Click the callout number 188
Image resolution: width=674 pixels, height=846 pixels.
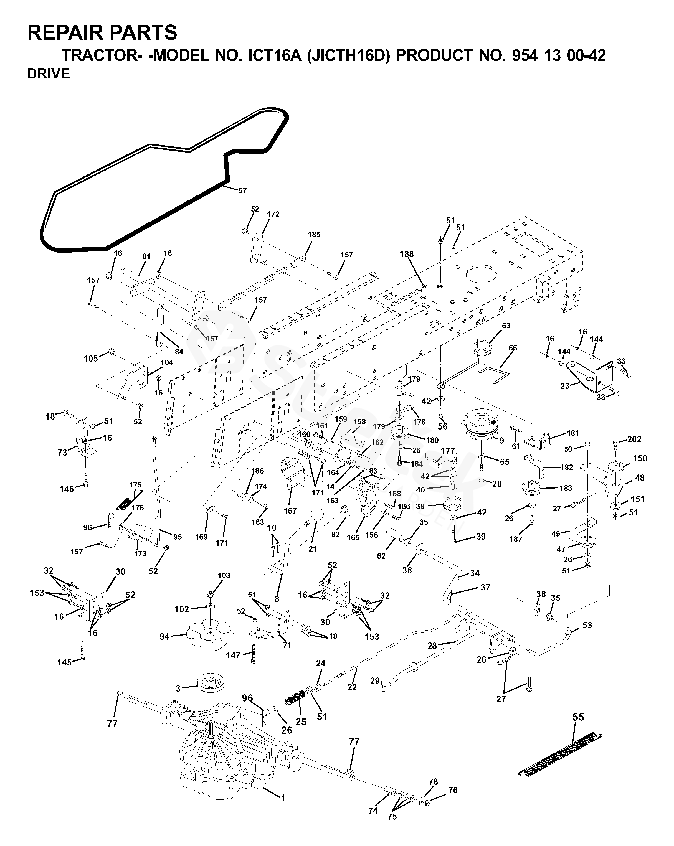(407, 254)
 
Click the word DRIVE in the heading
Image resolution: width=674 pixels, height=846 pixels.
(49, 74)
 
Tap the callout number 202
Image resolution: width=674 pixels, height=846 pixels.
(634, 439)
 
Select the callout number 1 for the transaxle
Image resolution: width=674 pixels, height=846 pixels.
(283, 798)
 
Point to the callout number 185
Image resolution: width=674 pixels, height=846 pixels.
(314, 235)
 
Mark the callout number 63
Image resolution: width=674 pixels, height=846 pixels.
(506, 326)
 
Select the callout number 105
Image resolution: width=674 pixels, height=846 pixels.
(91, 358)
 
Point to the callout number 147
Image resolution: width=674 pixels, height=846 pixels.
(233, 655)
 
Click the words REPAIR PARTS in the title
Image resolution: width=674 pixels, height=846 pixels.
(102, 32)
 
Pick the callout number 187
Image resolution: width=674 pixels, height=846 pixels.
(515, 539)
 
